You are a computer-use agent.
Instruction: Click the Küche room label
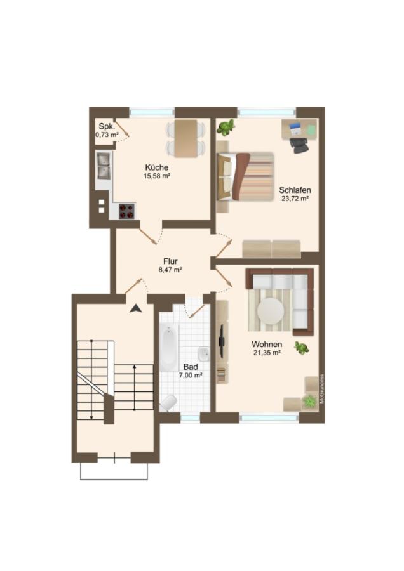(x=157, y=167)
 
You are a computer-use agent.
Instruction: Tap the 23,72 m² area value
(x=295, y=199)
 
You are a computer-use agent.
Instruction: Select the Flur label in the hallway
(x=170, y=261)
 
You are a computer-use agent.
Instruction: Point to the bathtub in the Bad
(x=168, y=348)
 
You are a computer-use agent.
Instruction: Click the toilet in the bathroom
(x=168, y=403)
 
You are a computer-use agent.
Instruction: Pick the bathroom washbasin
(x=204, y=353)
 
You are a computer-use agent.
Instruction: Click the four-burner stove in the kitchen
(x=126, y=211)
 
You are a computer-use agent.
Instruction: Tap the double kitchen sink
(x=104, y=166)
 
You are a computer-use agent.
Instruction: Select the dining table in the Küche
(x=185, y=139)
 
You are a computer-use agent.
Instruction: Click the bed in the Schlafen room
(x=245, y=176)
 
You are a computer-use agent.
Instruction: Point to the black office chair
(x=300, y=145)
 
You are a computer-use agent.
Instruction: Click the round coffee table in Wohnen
(x=271, y=312)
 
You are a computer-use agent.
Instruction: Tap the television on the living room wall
(x=221, y=341)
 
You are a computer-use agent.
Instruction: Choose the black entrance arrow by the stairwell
(x=136, y=308)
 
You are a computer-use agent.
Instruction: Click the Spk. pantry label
(x=107, y=127)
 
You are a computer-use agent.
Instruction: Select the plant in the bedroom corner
(x=226, y=128)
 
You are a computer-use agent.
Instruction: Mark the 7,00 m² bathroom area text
(x=191, y=376)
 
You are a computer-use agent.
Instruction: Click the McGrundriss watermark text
(x=321, y=388)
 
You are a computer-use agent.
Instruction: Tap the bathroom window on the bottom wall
(x=191, y=417)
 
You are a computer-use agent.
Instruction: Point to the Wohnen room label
(x=267, y=344)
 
